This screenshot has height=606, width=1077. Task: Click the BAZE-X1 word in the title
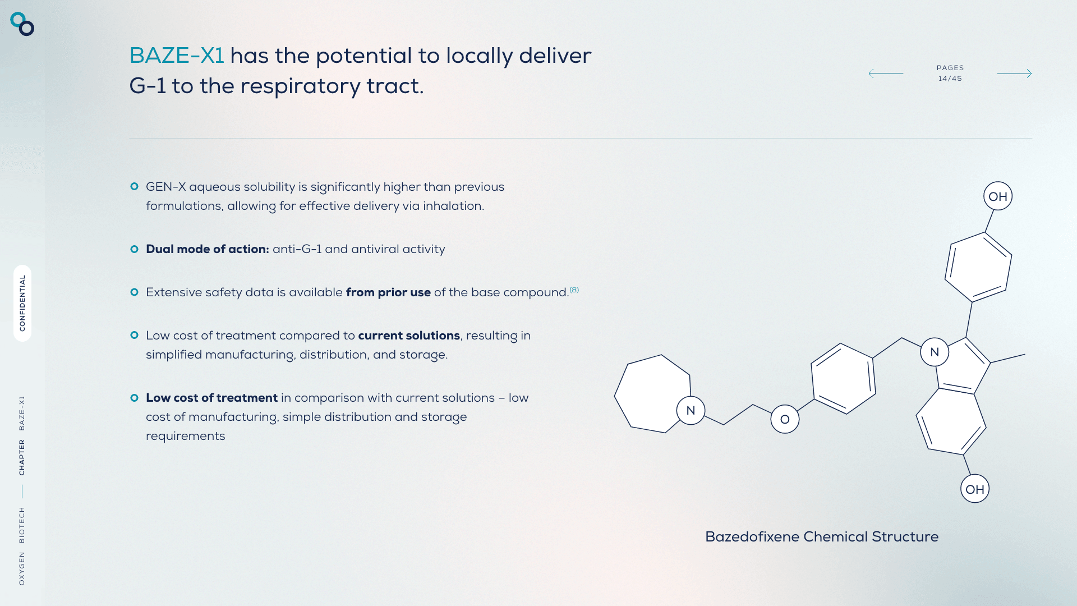(177, 56)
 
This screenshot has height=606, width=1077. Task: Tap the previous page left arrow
(886, 74)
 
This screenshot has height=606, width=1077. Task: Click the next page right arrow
(1014, 74)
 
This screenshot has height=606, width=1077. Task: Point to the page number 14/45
(950, 79)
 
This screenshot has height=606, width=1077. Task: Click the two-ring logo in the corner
(22, 24)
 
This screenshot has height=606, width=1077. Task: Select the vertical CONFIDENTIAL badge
(22, 303)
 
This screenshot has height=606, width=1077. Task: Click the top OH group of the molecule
(998, 196)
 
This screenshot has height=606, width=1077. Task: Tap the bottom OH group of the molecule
(975, 489)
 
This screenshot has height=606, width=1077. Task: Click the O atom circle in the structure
(785, 419)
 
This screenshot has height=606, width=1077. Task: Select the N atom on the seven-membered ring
(691, 410)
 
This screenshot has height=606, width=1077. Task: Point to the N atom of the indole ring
(935, 352)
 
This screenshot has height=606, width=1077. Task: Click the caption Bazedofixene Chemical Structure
(822, 537)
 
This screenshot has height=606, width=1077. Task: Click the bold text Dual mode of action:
(208, 249)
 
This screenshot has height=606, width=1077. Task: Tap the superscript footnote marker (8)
(574, 290)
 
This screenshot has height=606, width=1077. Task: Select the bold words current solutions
(409, 336)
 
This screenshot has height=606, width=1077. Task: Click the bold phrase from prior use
(388, 292)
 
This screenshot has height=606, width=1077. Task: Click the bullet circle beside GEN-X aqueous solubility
(134, 186)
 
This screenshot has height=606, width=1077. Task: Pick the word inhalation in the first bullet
(453, 206)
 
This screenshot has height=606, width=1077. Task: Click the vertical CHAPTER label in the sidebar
(22, 457)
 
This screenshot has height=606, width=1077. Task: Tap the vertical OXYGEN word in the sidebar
(22, 568)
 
